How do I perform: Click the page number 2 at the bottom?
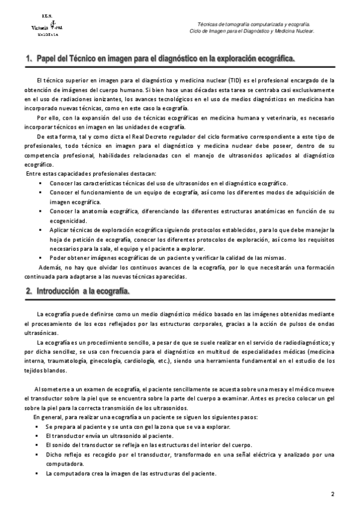coord(332,494)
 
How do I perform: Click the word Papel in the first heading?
coord(47,59)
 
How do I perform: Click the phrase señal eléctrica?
coord(259,454)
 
